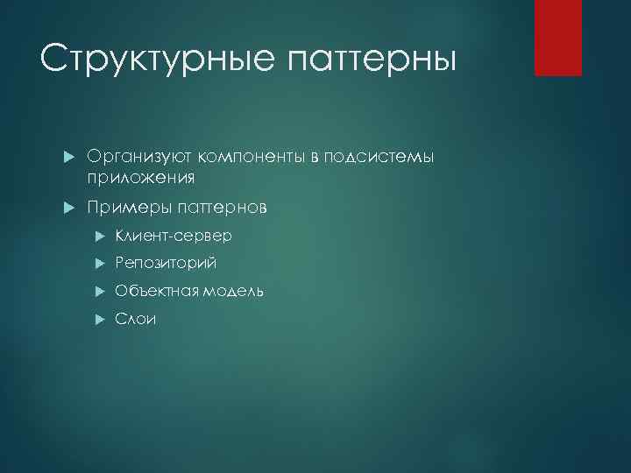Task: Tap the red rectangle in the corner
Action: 558,38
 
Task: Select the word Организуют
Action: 139,156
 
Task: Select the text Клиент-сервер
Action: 174,236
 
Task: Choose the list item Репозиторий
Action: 166,263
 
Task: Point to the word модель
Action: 232,291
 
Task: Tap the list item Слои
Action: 136,319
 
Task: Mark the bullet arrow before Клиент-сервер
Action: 100,236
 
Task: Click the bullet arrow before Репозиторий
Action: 100,264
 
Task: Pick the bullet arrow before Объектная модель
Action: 100,292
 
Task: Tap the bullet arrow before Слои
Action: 100,320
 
